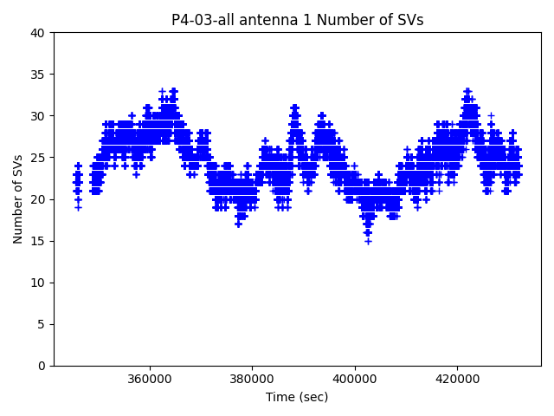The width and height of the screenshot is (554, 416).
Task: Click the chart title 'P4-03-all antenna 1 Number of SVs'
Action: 297,20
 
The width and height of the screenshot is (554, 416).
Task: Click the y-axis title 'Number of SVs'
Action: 18,198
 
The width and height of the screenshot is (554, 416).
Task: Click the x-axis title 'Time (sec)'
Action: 297,397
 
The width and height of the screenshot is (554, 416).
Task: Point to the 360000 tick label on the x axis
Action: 150,379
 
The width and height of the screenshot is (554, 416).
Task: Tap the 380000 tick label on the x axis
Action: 252,379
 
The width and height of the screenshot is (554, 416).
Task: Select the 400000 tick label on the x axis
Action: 355,379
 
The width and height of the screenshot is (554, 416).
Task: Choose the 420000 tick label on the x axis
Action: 457,379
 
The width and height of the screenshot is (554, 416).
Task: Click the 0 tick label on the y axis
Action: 42,366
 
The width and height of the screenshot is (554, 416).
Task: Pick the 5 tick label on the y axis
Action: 42,324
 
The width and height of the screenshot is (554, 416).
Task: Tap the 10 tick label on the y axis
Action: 38,283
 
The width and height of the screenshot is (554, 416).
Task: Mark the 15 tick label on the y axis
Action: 38,241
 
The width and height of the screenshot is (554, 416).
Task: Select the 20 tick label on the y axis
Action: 38,199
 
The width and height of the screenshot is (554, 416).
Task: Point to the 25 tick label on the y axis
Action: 38,158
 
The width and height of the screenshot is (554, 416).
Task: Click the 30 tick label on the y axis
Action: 38,116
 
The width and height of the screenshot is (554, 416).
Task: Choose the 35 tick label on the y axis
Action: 38,75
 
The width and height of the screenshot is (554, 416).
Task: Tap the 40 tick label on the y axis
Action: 38,33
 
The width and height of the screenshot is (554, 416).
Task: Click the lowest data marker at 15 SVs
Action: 368,241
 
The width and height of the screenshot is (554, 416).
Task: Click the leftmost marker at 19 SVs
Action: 78,207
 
